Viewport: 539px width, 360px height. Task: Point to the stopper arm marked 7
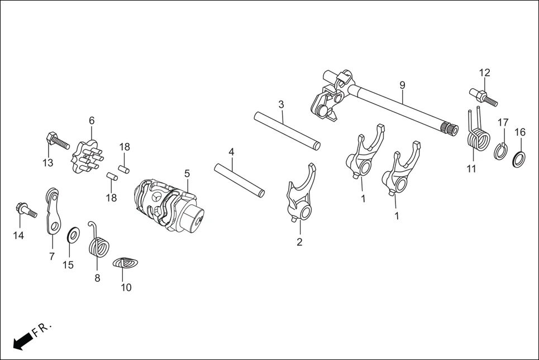[53, 212]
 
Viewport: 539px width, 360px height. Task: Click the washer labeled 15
[72, 236]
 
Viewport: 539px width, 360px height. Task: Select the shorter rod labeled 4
[239, 179]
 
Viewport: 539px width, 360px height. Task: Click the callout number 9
[402, 85]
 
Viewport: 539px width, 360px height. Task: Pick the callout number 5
[187, 174]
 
